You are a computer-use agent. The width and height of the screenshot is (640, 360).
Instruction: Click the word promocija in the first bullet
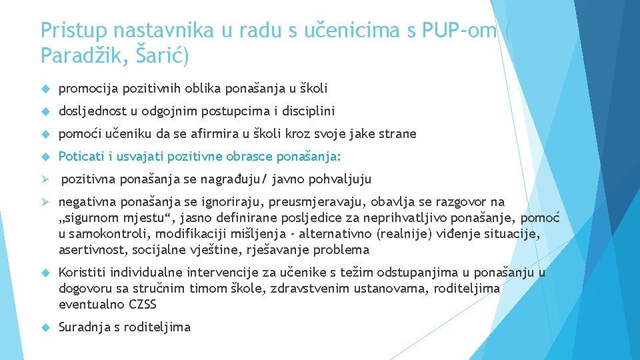[85, 89]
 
